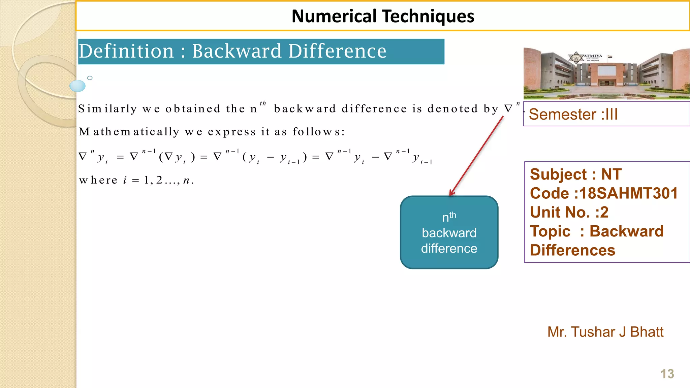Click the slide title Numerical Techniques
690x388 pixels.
pos(383,16)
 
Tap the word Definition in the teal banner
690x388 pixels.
pos(126,51)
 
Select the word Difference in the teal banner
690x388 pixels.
pos(337,51)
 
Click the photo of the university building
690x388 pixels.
pos(606,73)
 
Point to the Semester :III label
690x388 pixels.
pos(573,115)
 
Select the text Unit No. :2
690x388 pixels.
pos(569,212)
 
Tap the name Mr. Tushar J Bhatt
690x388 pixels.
pos(605,332)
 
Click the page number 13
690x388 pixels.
pos(667,374)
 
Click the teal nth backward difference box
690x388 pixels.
pos(449,232)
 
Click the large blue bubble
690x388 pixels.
pos(77,86)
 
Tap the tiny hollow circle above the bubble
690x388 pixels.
pos(90,78)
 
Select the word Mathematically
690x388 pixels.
pos(129,132)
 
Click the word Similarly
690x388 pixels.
pos(107,109)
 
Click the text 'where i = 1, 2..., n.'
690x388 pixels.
pos(136,180)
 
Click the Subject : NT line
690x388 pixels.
pos(575,174)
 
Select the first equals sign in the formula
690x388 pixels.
pos(120,157)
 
